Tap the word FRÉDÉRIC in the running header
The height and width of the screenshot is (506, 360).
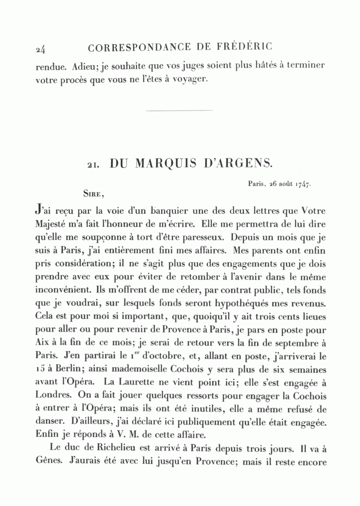point(245,47)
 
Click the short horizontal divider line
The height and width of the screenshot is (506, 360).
point(180,110)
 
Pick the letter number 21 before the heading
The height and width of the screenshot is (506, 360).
point(94,165)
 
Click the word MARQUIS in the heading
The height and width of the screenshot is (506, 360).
point(166,163)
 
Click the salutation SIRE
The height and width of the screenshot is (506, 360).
point(93,194)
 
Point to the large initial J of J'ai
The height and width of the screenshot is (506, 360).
point(38,209)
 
